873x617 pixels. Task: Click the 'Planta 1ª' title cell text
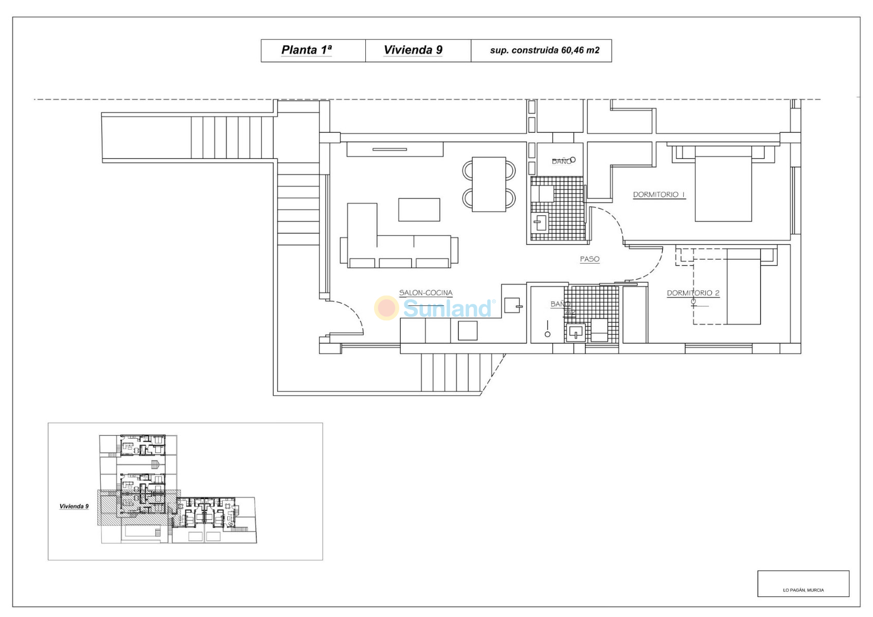306,50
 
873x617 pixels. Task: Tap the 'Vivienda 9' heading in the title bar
413,50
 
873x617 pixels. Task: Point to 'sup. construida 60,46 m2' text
544,50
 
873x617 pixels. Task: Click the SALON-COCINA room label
425,293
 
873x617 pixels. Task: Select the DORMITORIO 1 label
659,194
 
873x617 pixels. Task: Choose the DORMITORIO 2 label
693,293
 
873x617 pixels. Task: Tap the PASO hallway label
590,259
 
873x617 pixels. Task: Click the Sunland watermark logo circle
386,307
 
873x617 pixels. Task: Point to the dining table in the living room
489,184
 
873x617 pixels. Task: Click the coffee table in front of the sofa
419,210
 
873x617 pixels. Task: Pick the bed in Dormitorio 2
743,287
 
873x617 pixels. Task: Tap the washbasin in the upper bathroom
540,222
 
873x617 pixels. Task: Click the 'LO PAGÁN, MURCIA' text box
803,584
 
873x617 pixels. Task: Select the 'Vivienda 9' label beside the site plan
74,506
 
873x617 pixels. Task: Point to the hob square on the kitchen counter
468,331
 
